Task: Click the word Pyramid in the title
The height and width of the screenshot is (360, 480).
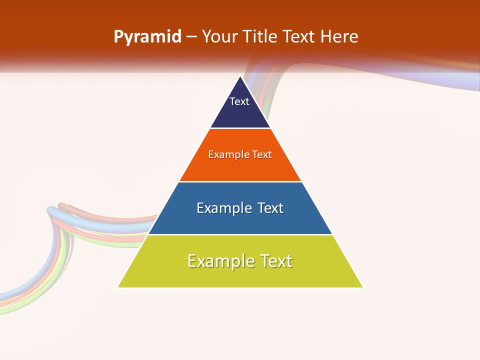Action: [x=147, y=37]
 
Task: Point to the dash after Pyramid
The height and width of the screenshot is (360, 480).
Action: [x=191, y=37]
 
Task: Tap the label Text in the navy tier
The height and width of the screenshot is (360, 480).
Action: [x=239, y=101]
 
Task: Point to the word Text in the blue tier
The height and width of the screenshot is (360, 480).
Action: [x=270, y=208]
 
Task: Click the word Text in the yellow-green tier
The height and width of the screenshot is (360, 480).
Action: [x=275, y=261]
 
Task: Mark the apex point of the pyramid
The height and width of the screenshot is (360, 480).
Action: [x=240, y=76]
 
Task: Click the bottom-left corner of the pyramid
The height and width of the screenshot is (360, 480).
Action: [x=118, y=287]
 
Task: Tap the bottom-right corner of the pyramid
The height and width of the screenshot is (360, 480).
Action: [x=362, y=287]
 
